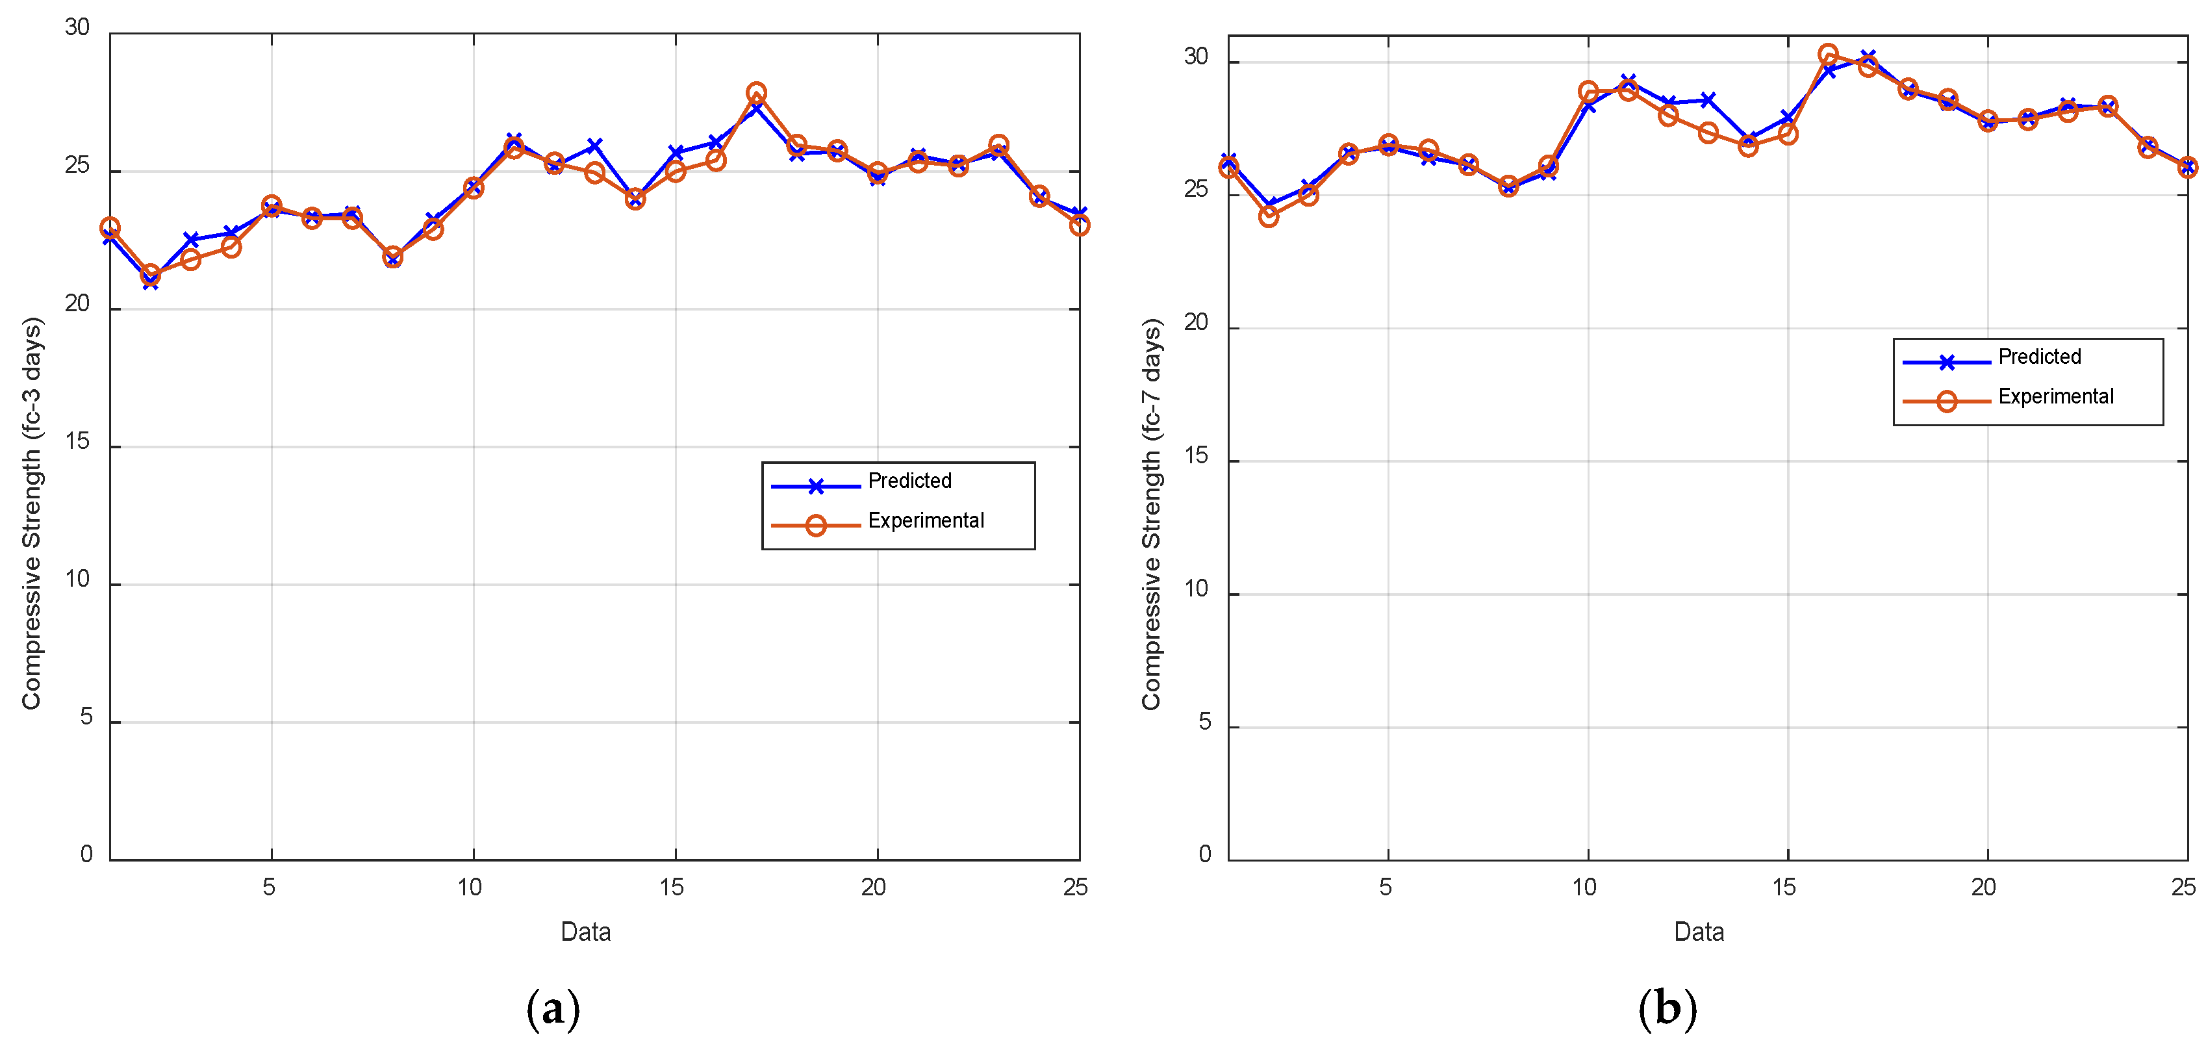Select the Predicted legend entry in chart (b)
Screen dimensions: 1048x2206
click(2038, 357)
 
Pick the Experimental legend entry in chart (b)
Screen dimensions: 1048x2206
click(2055, 396)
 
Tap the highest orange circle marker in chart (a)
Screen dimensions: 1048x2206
click(756, 92)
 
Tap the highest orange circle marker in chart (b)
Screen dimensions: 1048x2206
click(1827, 55)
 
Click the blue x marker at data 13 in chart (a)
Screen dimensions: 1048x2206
click(594, 146)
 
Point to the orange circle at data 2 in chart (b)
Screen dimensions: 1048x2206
click(1268, 216)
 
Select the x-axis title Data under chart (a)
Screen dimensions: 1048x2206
click(586, 932)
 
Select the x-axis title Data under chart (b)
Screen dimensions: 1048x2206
click(1699, 932)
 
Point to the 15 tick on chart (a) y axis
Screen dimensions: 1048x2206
click(77, 442)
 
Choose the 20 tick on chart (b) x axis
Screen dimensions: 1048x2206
click(1983, 887)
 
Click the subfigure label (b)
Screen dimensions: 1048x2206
click(1666, 1008)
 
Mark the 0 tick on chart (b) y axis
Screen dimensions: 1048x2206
click(1205, 854)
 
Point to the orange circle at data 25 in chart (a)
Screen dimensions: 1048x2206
click(1079, 225)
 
